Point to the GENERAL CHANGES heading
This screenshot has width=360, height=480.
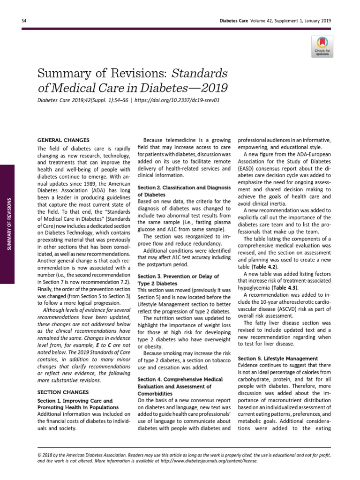[x=63, y=140]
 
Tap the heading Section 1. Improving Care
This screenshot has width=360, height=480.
[x=75, y=401]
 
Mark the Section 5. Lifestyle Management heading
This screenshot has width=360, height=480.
[x=278, y=358]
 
